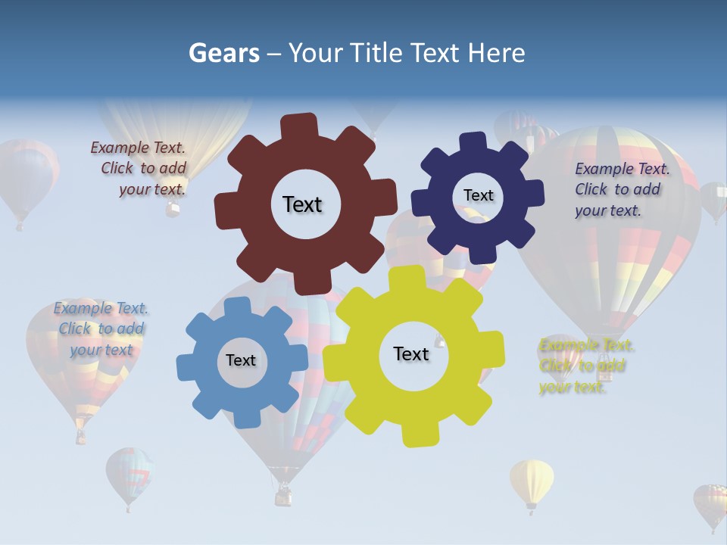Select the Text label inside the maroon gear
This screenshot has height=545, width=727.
tap(302, 204)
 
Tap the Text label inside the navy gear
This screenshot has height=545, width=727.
tap(478, 195)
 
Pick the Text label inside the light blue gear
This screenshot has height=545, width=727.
tap(241, 360)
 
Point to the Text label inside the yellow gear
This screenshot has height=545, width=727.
tap(411, 353)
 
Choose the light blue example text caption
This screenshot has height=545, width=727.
tap(101, 329)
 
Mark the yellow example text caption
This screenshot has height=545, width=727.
tap(585, 366)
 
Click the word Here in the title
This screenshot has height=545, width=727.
tap(497, 53)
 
